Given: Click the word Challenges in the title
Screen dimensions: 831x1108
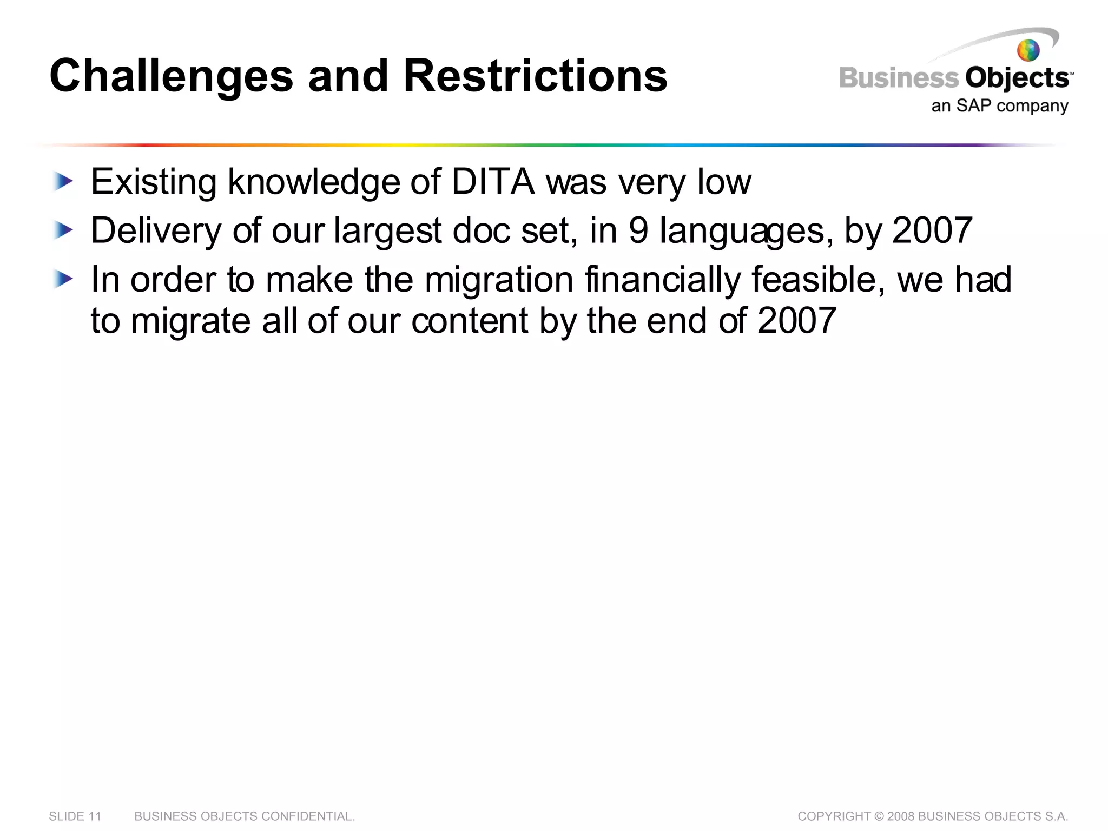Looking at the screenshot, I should pos(171,76).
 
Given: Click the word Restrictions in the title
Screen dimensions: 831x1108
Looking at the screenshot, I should pos(535,76).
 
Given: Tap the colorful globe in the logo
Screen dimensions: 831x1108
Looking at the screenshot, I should pos(1028,51).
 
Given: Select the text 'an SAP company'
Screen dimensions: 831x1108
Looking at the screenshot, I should pos(999,105).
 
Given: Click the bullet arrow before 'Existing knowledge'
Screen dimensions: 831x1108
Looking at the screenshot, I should pos(63,182).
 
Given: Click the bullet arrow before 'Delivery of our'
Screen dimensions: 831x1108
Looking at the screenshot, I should pos(63,231).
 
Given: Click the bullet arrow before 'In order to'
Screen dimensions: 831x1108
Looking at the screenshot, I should pos(63,280).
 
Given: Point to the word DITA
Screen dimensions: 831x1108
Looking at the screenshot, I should pos(492,182).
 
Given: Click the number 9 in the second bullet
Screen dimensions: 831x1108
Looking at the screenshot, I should pos(638,231).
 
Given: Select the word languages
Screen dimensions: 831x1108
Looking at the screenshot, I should pos(746,231).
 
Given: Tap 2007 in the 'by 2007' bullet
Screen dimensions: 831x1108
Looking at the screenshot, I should pos(932,231).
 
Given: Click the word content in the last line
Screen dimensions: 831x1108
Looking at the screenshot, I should pos(469,321).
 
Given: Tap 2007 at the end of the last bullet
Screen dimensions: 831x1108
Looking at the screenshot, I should pos(796,321).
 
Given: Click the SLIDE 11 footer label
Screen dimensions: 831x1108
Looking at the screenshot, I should pos(75,816).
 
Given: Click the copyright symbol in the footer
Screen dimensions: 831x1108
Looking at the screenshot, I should pos(879,816).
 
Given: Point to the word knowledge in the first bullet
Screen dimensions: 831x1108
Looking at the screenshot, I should pos(314,182).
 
